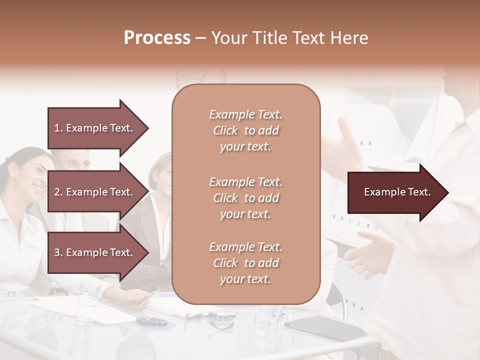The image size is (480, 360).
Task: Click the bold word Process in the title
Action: (x=157, y=38)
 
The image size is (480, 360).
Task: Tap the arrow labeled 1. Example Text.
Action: (x=97, y=128)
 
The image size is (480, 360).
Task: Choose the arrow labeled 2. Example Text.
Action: (x=97, y=192)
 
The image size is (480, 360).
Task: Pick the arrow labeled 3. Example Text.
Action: (x=97, y=252)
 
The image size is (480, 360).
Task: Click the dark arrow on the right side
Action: (x=397, y=192)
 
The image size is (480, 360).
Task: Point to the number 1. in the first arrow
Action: (x=58, y=128)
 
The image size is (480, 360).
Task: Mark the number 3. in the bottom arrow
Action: (x=58, y=252)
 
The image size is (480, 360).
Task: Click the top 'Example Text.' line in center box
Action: (x=245, y=114)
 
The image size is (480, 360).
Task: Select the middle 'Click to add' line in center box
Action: (x=245, y=198)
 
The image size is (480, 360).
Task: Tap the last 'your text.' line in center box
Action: (x=245, y=279)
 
